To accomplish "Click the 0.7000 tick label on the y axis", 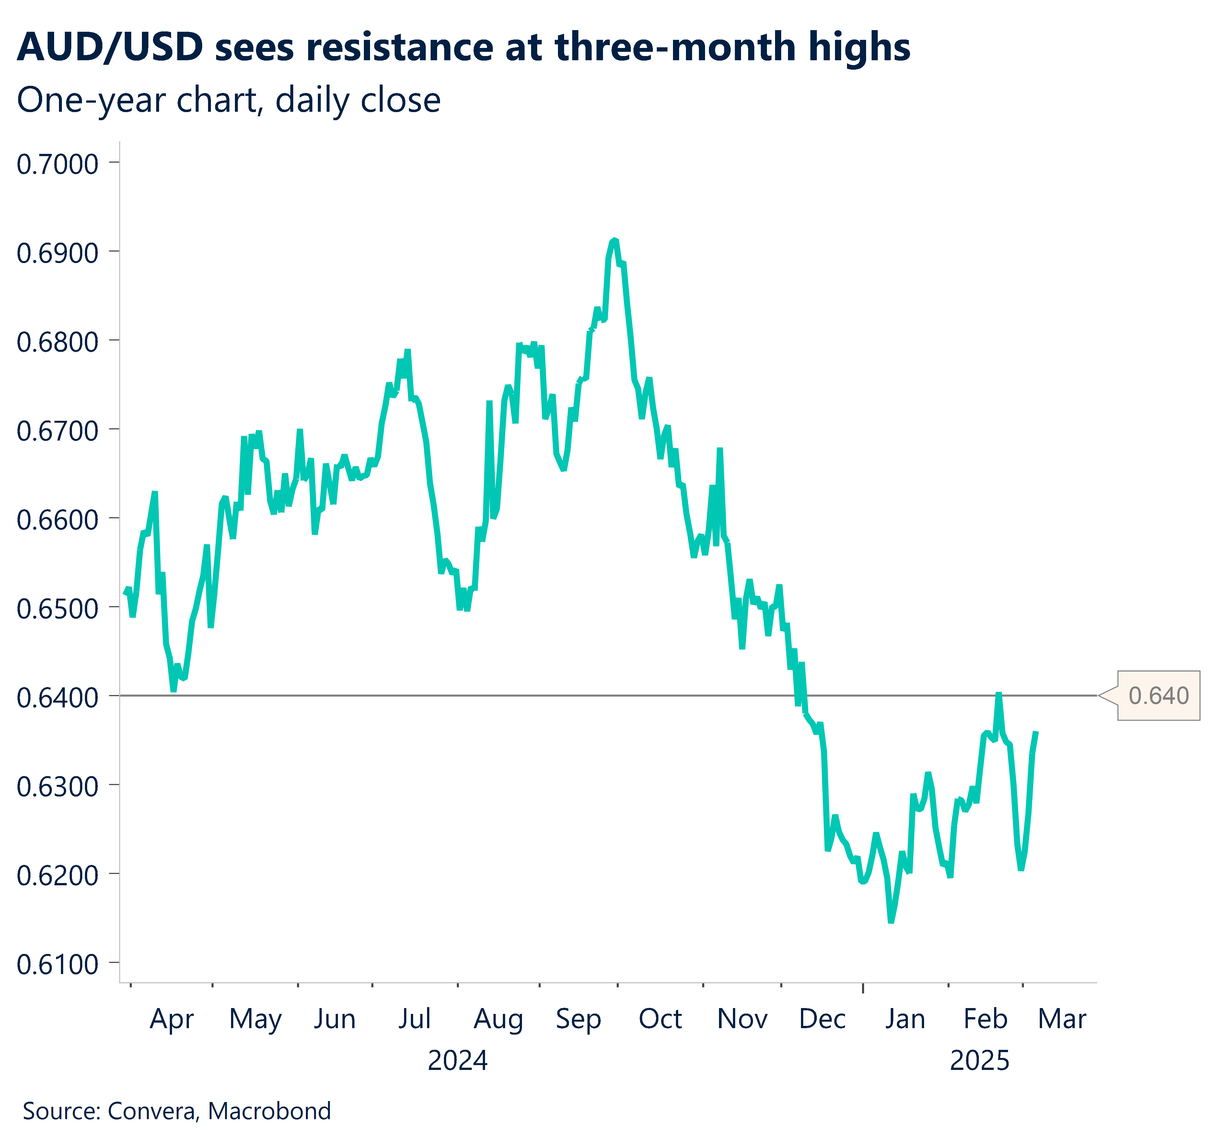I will coord(57,164).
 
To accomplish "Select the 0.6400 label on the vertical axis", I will coord(57,698).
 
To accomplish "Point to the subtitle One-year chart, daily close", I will coord(228,100).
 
